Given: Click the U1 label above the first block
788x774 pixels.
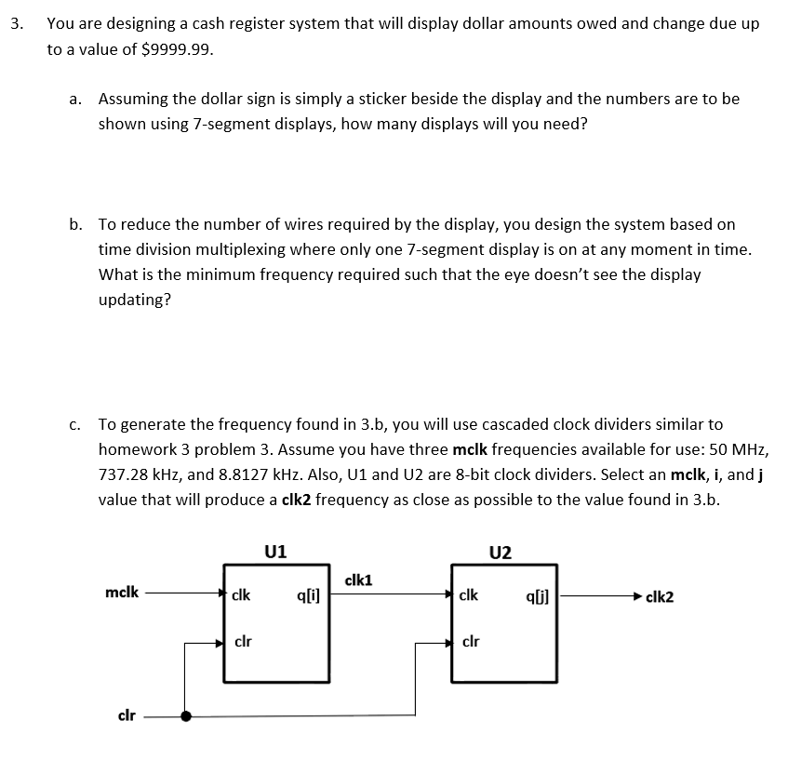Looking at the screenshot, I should pyautogui.click(x=275, y=550).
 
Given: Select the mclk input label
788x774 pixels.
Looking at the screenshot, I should pyautogui.click(x=123, y=592).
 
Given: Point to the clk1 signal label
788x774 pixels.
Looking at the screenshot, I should pyautogui.click(x=358, y=580).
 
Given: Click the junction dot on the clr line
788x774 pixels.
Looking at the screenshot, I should pyautogui.click(x=187, y=716).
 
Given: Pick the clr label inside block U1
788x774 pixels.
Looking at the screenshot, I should pyautogui.click(x=244, y=641).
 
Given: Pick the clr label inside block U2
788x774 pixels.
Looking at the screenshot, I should pyautogui.click(x=472, y=641).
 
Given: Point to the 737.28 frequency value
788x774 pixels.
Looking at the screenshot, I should pyautogui.click(x=126, y=474).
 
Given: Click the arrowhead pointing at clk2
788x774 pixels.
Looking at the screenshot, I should pyautogui.click(x=636, y=596).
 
